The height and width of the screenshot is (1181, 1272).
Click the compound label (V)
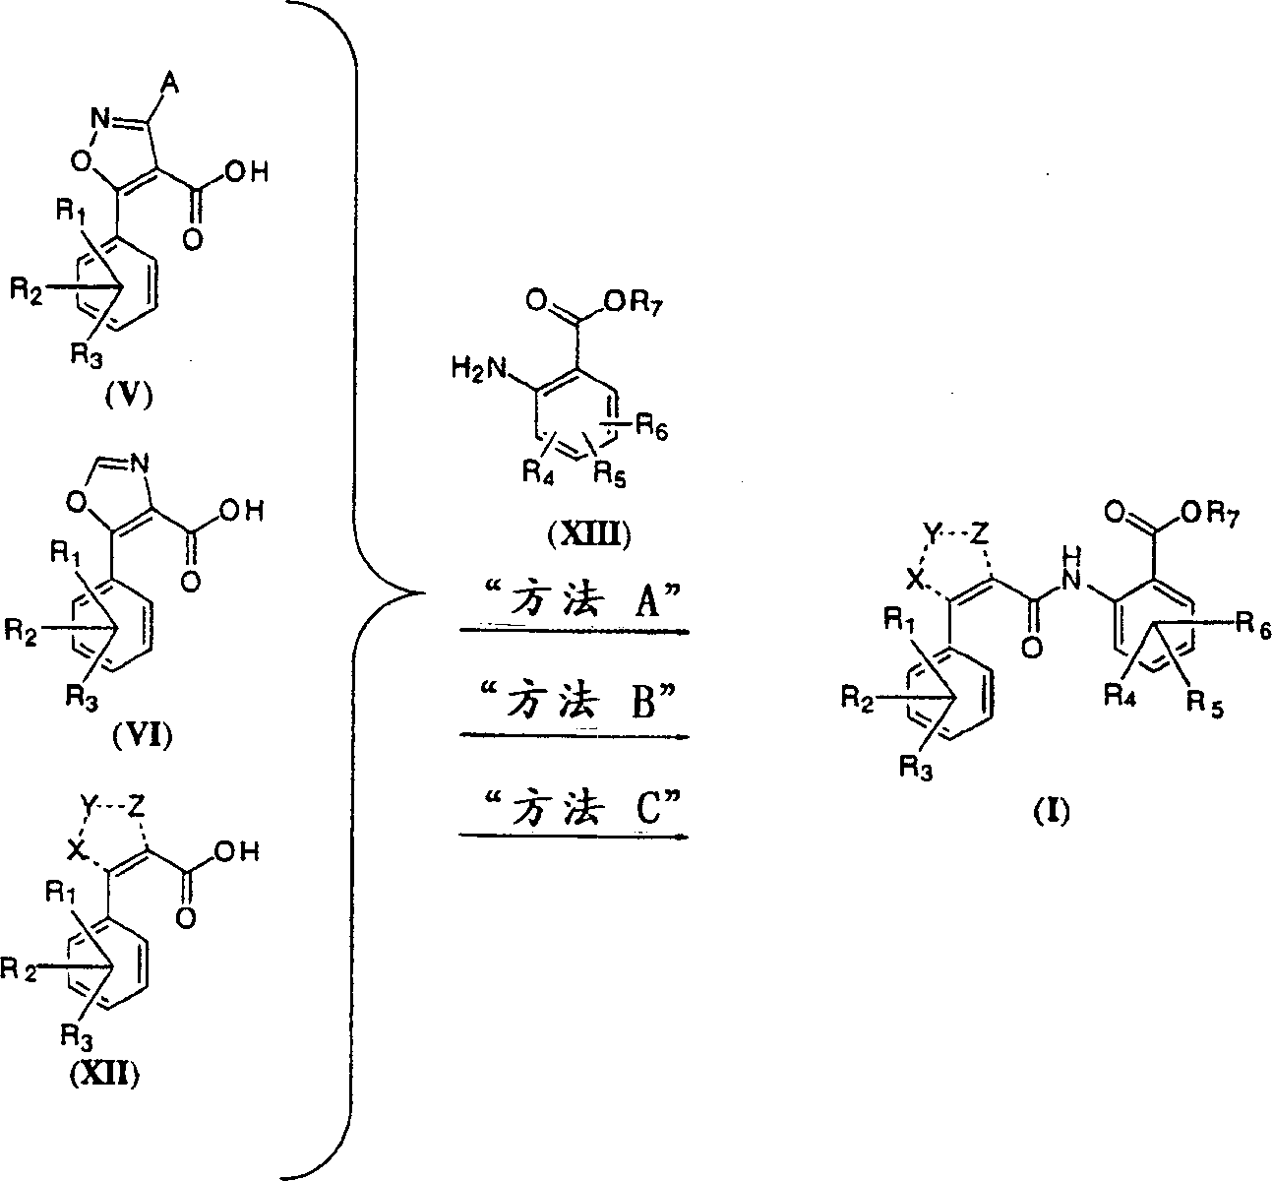130,397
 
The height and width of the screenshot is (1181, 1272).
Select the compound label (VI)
143,736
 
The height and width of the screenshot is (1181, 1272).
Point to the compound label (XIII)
589,534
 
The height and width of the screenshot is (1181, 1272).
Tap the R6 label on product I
1252,624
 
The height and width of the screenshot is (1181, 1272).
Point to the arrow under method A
575,631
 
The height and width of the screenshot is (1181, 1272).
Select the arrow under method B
575,736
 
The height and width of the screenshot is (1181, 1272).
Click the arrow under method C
575,836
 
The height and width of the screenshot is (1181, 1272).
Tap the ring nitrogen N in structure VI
140,464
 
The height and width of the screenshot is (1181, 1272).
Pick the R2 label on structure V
27,291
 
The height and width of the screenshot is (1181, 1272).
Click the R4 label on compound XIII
538,473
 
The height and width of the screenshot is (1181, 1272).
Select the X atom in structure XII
77,850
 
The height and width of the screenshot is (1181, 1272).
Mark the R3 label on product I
916,768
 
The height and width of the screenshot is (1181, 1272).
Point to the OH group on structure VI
241,511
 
